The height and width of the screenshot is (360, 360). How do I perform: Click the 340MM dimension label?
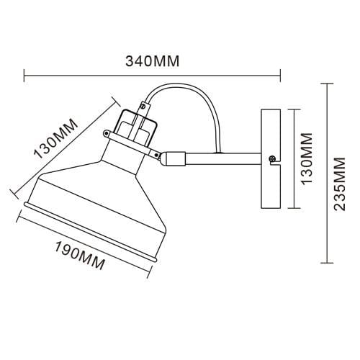(x=153, y=61)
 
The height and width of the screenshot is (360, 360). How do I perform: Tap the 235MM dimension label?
(x=340, y=184)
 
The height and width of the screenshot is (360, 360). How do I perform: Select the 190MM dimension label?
(x=80, y=256)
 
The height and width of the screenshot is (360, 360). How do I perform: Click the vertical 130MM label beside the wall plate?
(x=307, y=158)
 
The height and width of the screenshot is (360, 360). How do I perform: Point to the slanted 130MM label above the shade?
(x=56, y=138)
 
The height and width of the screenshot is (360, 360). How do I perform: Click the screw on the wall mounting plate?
(x=272, y=158)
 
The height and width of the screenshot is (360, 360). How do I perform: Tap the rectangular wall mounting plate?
(x=271, y=159)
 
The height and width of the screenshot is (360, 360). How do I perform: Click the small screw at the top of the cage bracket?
(x=143, y=106)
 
